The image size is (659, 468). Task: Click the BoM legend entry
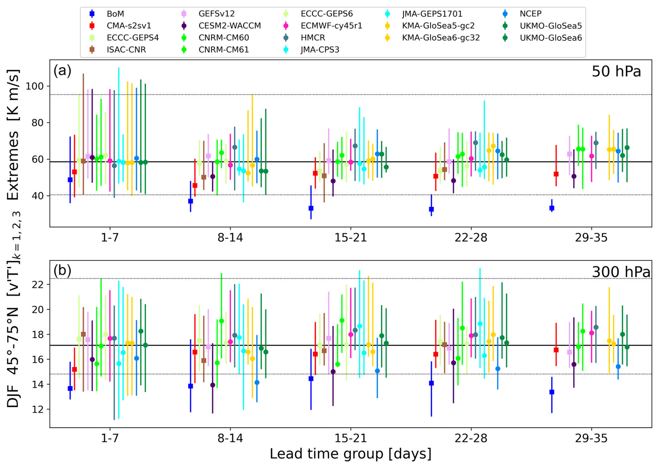115,14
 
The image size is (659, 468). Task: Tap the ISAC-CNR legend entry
126,50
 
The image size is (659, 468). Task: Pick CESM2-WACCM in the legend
230,26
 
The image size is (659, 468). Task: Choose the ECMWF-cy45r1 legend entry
331,26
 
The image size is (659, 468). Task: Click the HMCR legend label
313,38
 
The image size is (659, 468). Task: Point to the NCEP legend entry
530,14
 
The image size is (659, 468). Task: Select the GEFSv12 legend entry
216,14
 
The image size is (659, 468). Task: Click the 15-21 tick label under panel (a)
350,238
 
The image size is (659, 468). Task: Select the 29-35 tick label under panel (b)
591,438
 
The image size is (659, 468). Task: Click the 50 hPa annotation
616,72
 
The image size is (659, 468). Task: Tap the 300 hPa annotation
621,272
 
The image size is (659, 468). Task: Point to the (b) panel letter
62,270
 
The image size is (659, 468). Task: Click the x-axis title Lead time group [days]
350,454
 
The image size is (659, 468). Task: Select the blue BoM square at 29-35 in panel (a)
552,208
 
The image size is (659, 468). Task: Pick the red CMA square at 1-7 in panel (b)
75,369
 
